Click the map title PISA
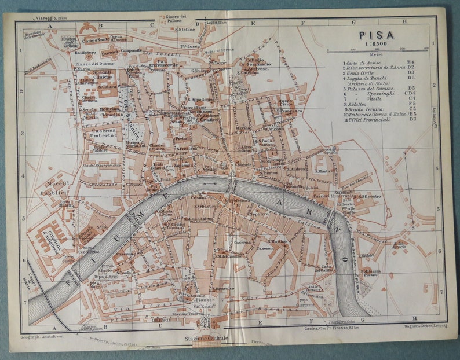pos(378,34)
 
